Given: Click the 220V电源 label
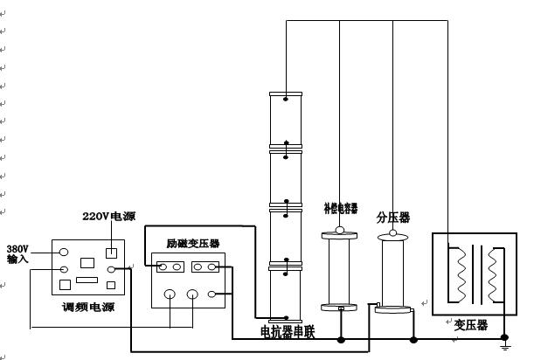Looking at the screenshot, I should click(108, 216).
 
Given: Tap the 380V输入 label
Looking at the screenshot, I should click(17, 253).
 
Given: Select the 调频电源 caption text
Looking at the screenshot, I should click(87, 307).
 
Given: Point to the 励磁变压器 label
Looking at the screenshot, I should click(193, 243).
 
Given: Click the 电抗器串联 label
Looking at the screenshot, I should click(288, 331).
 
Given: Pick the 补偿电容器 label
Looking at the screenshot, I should click(340, 209).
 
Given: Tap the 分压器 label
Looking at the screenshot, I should click(392, 217).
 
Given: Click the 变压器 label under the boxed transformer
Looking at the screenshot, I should click(470, 325).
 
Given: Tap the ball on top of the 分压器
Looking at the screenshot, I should click(392, 232).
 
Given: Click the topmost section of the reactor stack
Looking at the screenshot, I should click(285, 117).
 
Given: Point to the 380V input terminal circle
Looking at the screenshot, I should click(64, 252).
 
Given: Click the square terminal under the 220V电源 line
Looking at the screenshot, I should click(111, 253).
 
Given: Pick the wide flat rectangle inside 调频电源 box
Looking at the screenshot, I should click(87, 280).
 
